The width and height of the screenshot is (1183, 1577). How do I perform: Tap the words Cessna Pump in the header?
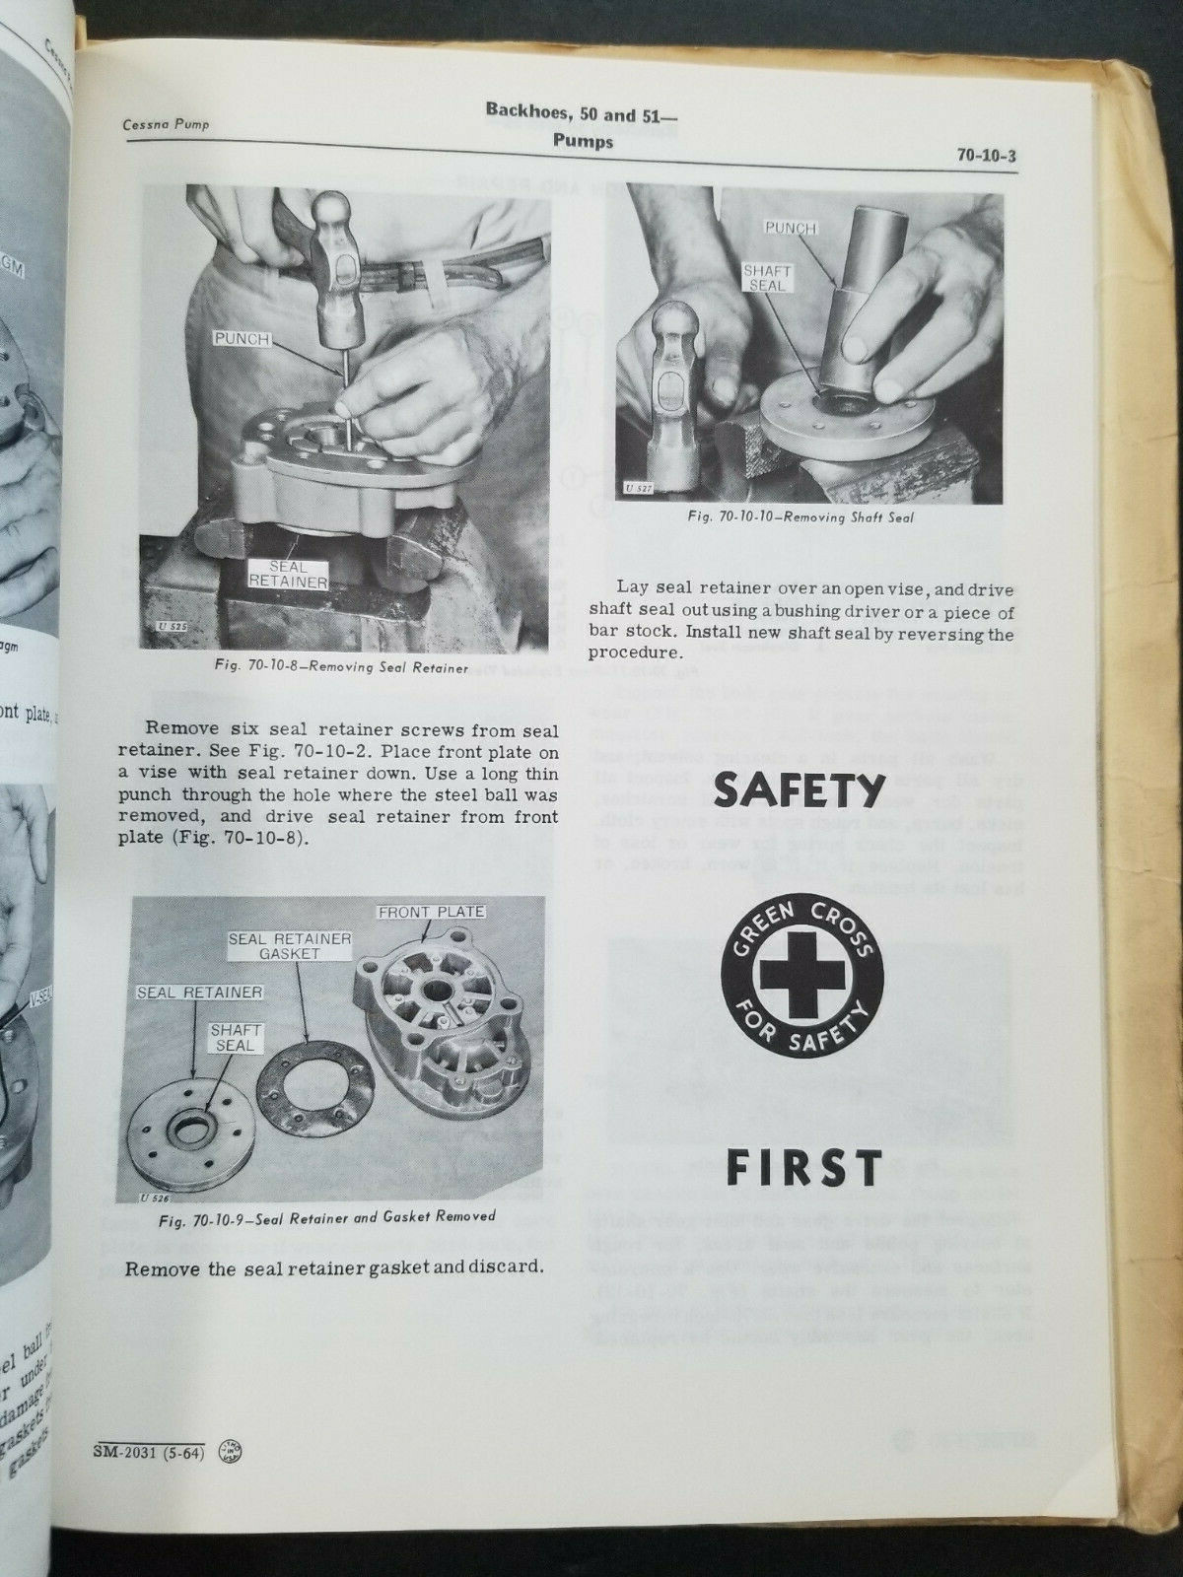point(166,125)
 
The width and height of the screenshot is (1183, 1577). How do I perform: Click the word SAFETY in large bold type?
point(797,789)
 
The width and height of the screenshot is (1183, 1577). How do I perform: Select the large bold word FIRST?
point(803,1167)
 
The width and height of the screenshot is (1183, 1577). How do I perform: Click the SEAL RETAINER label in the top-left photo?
point(288,575)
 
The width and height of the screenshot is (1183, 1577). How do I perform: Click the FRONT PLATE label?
point(432,912)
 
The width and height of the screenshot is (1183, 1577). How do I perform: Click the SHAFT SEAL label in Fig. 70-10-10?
point(767,277)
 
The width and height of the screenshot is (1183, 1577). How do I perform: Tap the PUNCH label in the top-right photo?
point(791,229)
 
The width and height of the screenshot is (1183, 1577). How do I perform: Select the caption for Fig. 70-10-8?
point(340,668)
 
